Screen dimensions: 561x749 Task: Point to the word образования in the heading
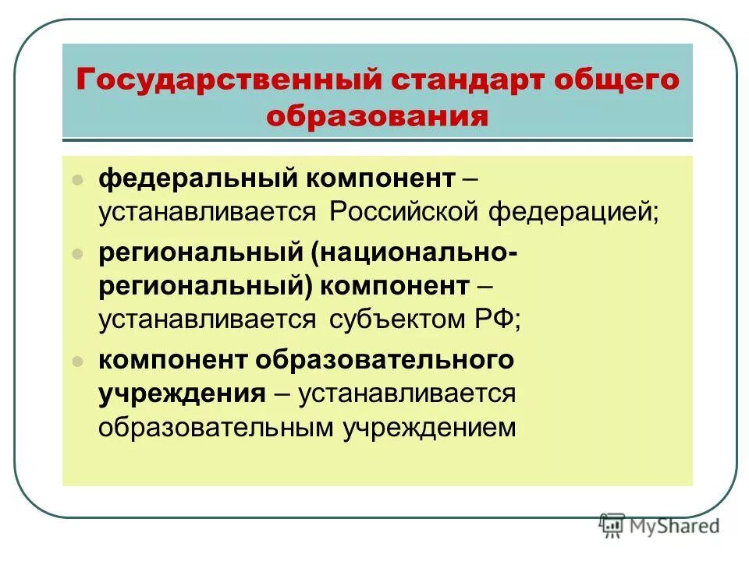[378, 118]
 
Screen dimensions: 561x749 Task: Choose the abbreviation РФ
[500, 319]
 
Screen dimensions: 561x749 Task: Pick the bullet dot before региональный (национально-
[77, 255]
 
